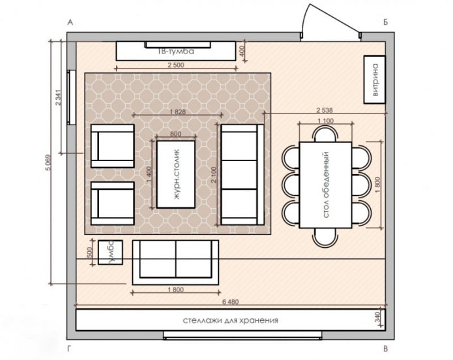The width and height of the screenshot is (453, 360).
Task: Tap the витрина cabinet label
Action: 375,80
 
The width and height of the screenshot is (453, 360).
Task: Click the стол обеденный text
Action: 324,175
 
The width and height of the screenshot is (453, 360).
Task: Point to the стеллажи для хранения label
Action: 231,320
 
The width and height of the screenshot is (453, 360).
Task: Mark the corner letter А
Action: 69,23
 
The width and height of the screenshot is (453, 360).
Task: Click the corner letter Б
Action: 386,23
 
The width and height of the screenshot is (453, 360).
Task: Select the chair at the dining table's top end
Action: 325,134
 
